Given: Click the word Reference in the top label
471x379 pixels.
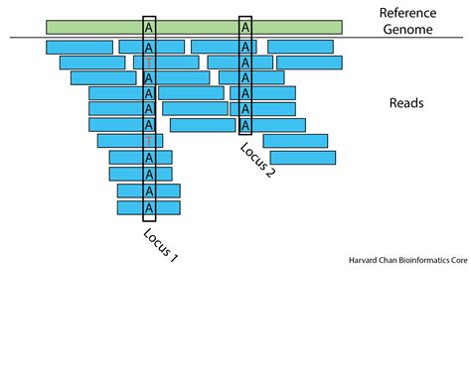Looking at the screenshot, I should (410, 13).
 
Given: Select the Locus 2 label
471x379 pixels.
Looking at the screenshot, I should (256, 160).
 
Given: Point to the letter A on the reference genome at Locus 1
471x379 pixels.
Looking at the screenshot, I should (149, 28).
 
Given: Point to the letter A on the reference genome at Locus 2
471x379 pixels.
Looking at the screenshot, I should (245, 28).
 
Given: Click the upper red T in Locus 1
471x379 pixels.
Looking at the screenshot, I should (149, 63).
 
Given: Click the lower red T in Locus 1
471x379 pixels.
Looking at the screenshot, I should (149, 141).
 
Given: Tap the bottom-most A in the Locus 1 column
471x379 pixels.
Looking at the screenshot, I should (149, 208).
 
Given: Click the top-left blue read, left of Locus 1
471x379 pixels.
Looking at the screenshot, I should (79, 47).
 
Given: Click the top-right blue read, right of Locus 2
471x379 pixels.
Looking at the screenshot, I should (300, 47).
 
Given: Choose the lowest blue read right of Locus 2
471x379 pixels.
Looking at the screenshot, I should (302, 158).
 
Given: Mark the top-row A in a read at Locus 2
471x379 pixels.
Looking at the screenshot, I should (245, 47).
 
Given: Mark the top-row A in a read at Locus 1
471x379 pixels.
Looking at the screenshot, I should (149, 47).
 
